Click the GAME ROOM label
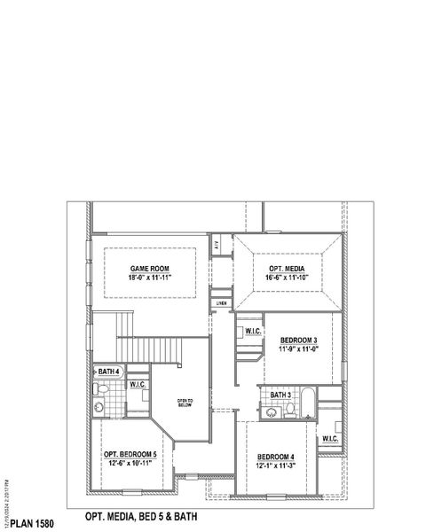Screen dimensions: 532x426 [150, 269]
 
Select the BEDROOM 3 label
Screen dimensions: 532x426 [299, 340]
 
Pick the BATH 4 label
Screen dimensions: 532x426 [109, 372]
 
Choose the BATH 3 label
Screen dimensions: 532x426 [281, 395]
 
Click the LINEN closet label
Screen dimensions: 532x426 [221, 303]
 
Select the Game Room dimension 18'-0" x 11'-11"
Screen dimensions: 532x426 [150, 278]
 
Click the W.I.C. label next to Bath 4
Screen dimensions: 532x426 [138, 385]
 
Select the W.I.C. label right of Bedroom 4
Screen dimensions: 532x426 [329, 439]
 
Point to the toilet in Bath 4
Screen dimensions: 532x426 [102, 390]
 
